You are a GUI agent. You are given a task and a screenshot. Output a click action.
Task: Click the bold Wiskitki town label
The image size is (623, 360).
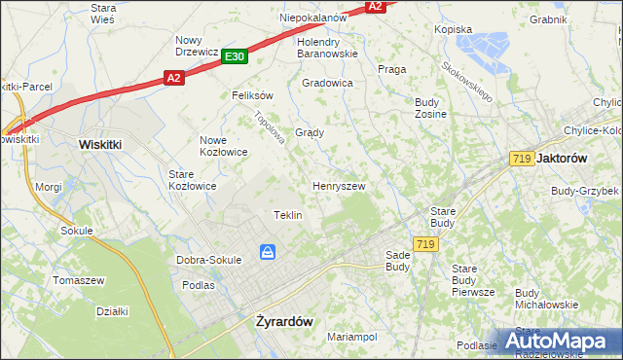click(99, 143)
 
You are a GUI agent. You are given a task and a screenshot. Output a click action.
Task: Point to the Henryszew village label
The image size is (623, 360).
click(339, 185)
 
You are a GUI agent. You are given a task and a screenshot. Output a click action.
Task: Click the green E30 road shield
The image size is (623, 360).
click(234, 57)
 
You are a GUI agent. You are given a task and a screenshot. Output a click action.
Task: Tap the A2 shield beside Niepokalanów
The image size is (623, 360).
click(376, 6)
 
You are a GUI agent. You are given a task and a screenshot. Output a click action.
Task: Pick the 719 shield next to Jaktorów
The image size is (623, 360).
click(520, 157)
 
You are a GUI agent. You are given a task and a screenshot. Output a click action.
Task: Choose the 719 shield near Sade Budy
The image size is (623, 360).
click(422, 244)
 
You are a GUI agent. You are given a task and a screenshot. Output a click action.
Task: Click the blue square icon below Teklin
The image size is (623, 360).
click(268, 253)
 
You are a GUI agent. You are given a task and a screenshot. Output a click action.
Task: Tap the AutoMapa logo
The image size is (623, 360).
click(561, 341)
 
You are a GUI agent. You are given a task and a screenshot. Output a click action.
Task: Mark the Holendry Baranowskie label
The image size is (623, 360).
click(328, 48)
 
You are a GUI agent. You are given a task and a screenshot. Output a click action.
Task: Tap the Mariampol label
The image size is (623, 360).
click(351, 337)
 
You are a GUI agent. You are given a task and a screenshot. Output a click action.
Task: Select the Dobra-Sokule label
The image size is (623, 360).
click(208, 260)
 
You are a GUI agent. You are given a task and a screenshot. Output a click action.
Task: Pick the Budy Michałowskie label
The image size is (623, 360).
click(546, 299)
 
